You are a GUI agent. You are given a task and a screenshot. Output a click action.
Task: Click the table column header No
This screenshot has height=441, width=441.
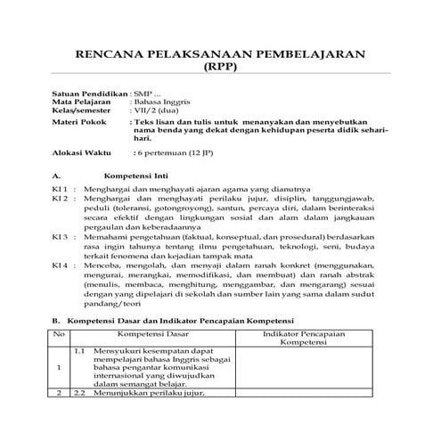coord(60,333)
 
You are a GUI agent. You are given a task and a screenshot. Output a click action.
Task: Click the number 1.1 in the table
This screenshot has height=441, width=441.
coord(78,350)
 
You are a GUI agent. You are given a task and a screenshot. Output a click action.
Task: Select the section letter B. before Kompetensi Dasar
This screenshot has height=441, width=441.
coord(55,319)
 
